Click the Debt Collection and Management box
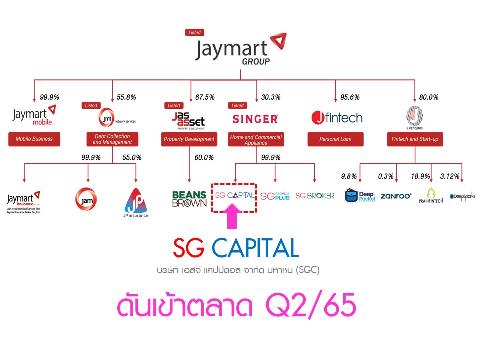tap(111, 139)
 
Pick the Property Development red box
tap(189, 139)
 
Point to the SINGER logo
tap(255, 119)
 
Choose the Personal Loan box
tap(336, 139)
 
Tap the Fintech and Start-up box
tap(414, 139)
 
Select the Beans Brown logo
tap(189, 199)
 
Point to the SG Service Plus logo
tap(275, 196)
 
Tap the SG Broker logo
tap(315, 196)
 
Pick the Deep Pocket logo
tap(360, 195)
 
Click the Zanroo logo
tap(396, 196)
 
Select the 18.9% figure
tap(419, 176)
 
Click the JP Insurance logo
tap(136, 202)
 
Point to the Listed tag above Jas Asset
tap(174, 106)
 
